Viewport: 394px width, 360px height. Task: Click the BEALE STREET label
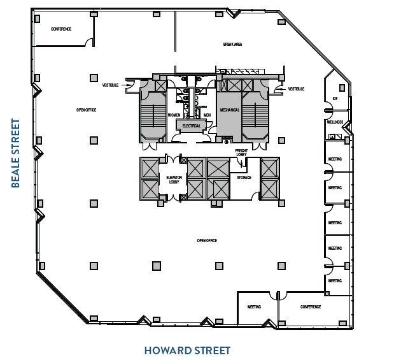click(16, 153)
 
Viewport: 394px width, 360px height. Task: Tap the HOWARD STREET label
click(187, 350)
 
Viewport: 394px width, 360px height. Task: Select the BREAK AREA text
click(232, 45)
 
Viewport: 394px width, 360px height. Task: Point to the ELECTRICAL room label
click(191, 126)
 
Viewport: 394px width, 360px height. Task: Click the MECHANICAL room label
click(230, 110)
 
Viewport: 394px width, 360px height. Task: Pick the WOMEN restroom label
click(174, 115)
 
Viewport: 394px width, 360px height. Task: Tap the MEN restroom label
click(207, 115)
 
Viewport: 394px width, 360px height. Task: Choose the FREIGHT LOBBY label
click(241, 152)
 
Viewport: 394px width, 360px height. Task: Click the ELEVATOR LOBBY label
click(174, 179)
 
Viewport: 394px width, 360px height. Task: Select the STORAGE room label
click(244, 178)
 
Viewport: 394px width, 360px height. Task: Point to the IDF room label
click(335, 98)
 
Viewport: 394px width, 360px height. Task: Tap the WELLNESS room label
click(335, 122)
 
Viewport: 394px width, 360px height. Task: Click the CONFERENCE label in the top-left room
click(61, 29)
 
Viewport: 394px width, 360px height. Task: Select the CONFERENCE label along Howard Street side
click(311, 306)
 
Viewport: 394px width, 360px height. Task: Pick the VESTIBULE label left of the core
click(111, 84)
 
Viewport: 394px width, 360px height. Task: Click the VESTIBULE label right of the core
click(297, 89)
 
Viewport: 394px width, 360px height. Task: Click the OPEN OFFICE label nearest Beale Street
click(86, 110)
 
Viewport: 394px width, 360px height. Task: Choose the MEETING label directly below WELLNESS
click(335, 159)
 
